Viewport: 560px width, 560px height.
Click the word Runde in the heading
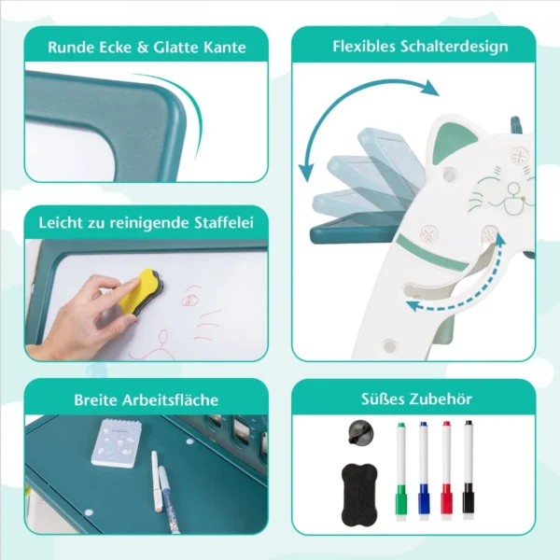(71, 48)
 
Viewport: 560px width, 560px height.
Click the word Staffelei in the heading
(224, 222)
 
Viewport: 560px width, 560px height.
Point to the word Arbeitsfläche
(170, 399)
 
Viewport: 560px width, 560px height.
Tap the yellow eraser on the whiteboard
(139, 292)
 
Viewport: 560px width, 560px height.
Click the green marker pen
(401, 471)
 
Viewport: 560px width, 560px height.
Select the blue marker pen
(424, 470)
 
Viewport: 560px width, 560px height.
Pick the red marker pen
(447, 470)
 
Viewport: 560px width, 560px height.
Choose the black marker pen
(469, 470)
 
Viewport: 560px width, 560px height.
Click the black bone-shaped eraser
(359, 495)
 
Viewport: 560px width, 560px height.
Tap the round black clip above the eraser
(360, 432)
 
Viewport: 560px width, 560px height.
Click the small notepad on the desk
(117, 442)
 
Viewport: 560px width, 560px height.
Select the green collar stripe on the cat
(431, 253)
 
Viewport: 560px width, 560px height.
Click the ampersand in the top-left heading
(143, 48)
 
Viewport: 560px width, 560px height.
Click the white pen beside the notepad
(155, 483)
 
